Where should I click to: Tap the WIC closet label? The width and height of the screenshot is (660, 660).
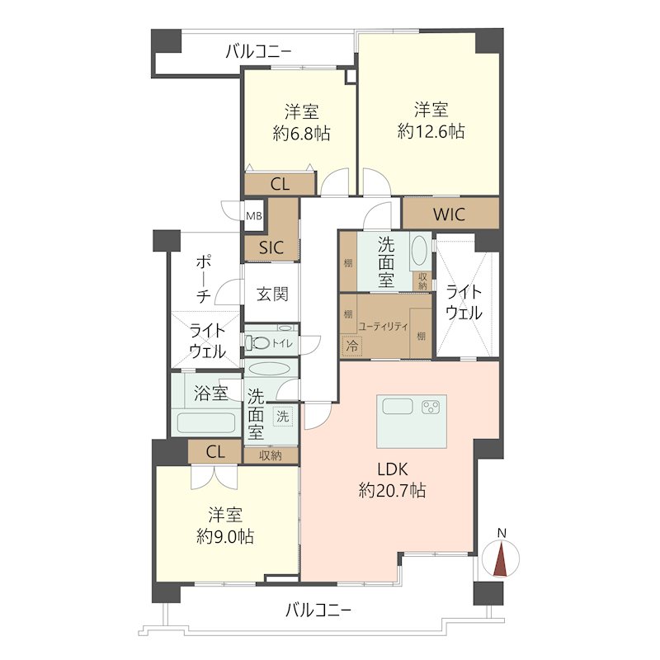[x=449, y=214]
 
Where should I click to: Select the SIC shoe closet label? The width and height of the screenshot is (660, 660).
[x=271, y=247]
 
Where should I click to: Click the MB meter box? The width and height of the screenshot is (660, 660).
[x=254, y=216]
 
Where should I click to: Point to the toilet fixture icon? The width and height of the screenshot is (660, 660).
[x=257, y=343]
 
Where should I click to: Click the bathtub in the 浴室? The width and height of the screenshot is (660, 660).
[x=205, y=422]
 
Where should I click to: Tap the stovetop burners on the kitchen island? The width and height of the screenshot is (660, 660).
[x=431, y=407]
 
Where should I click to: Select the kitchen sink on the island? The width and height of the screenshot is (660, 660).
[x=398, y=407]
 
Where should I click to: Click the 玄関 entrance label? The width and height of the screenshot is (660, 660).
[x=272, y=294]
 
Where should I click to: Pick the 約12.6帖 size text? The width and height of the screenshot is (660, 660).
[x=431, y=132]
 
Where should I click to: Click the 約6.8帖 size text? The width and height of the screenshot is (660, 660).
[x=301, y=134]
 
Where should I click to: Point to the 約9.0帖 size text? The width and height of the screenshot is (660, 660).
[x=225, y=537]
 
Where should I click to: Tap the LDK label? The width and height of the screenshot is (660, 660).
[x=393, y=469]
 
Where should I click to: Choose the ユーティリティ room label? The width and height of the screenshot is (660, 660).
[x=383, y=326]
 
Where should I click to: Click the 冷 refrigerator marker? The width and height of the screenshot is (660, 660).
[x=352, y=346]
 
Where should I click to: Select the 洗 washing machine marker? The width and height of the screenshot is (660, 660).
[x=282, y=417]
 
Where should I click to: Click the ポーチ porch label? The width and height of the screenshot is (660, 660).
[x=204, y=279]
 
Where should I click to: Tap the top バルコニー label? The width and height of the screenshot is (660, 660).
[x=258, y=52]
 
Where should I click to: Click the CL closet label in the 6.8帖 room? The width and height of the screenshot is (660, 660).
[x=280, y=184]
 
